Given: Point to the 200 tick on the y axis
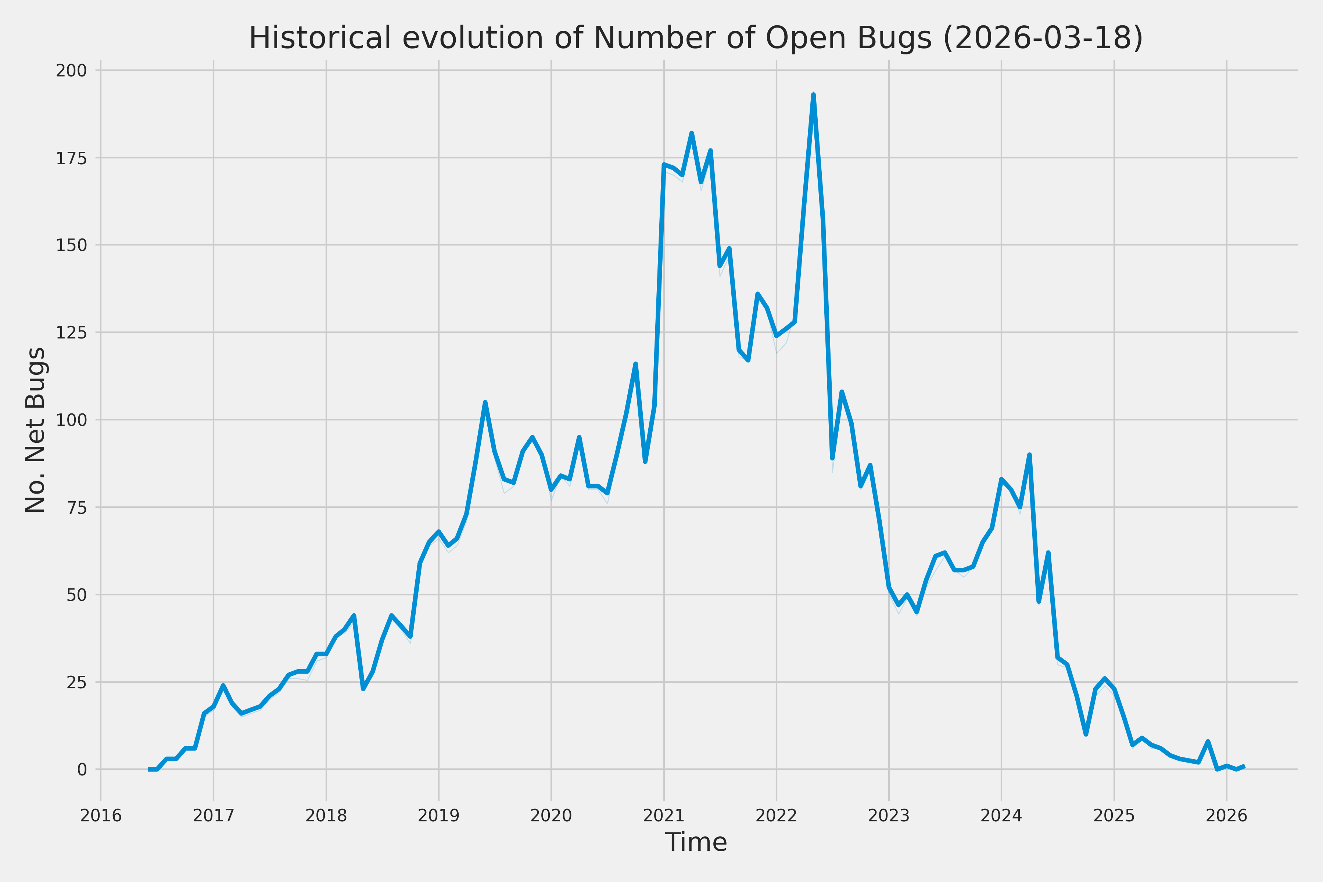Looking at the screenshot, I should point(71,71).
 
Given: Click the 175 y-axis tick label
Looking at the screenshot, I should point(71,158).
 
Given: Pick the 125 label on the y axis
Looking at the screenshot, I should point(71,333).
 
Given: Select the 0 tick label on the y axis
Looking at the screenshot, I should point(82,770).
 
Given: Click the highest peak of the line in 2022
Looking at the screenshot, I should point(813,95).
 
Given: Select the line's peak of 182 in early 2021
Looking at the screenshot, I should point(691,133).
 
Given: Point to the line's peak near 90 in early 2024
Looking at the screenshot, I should point(1029,455).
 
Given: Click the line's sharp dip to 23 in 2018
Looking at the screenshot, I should point(363,688).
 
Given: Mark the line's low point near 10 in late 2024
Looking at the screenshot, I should point(1086,734).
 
